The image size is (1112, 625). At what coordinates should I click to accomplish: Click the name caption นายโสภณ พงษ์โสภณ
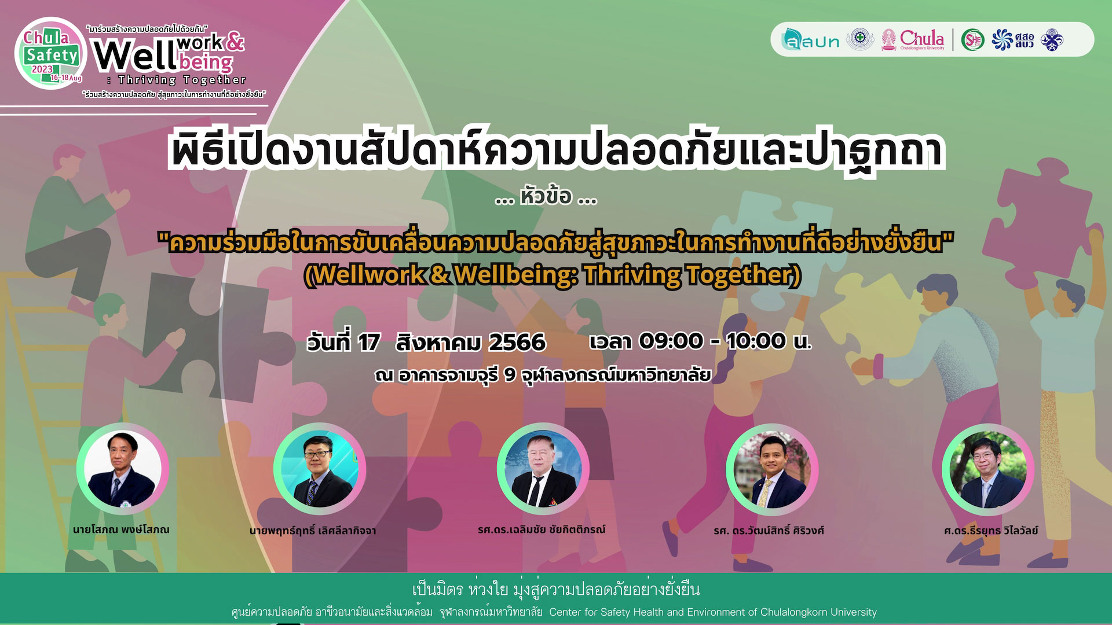pyautogui.click(x=122, y=530)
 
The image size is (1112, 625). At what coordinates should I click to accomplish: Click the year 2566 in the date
pyautogui.click(x=517, y=342)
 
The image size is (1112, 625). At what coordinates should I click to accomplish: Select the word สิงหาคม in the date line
pyautogui.click(x=438, y=342)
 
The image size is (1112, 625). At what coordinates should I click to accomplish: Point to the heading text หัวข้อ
pyautogui.click(x=546, y=197)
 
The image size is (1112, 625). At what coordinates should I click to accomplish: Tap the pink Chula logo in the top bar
pyautogui.click(x=913, y=40)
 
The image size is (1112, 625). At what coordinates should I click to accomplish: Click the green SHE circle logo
pyautogui.click(x=973, y=39)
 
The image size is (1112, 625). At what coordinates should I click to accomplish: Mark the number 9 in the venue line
pyautogui.click(x=510, y=375)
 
